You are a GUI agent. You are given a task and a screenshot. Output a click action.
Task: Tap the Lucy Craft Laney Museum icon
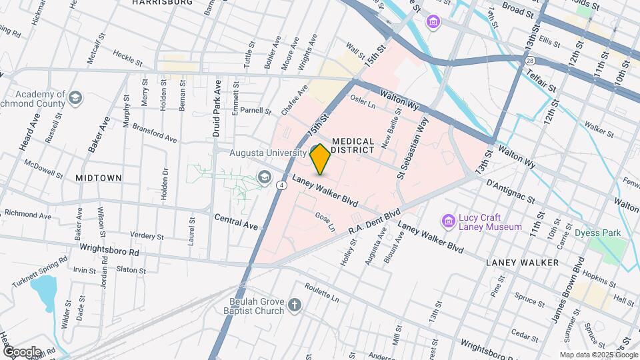pos(449,221)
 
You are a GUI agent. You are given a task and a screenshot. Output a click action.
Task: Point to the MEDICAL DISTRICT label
pos(353,145)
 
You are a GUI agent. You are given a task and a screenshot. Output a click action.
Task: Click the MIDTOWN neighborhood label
pos(98,178)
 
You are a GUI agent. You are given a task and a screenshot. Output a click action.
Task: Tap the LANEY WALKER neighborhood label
pos(522,263)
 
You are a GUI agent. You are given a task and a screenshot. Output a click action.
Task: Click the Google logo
pos(21,351)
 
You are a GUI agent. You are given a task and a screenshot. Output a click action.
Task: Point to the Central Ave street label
pos(236,221)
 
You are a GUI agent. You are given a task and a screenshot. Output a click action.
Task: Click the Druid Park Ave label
pos(216,109)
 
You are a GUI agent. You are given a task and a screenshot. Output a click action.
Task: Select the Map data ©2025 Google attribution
pos(598,355)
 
